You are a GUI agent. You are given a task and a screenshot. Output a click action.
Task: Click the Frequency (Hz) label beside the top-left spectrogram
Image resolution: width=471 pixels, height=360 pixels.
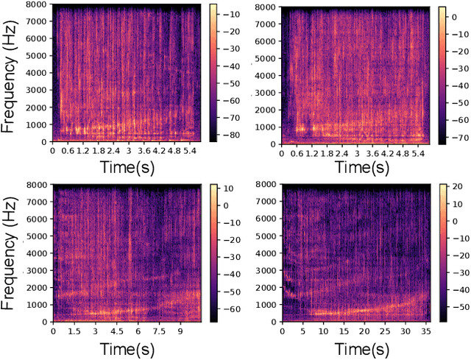click(10, 77)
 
